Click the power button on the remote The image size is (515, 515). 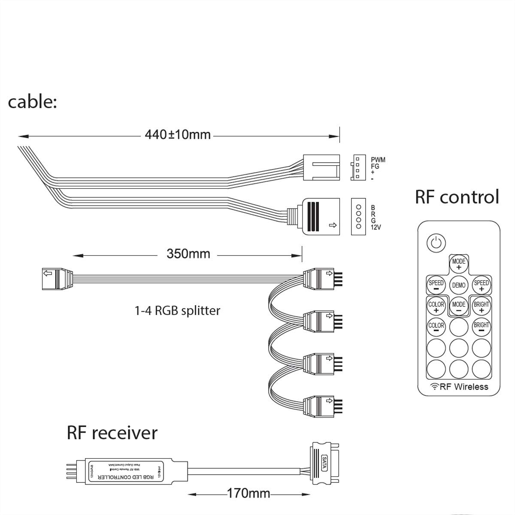pyautogui.click(x=436, y=243)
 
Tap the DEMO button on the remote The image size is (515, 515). pyautogui.click(x=458, y=285)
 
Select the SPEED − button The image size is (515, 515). pyautogui.click(x=436, y=285)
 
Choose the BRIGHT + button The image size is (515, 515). pyautogui.click(x=481, y=306)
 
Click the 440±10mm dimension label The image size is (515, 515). pyautogui.click(x=178, y=135)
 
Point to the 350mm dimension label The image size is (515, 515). pyautogui.click(x=188, y=254)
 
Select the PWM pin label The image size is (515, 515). pyautogui.click(x=378, y=160)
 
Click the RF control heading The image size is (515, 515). pyautogui.click(x=457, y=197)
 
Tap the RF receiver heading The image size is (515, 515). pyautogui.click(x=112, y=433)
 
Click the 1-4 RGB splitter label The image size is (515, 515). pyautogui.click(x=177, y=310)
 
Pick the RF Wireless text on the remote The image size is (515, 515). pyautogui.click(x=459, y=386)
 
